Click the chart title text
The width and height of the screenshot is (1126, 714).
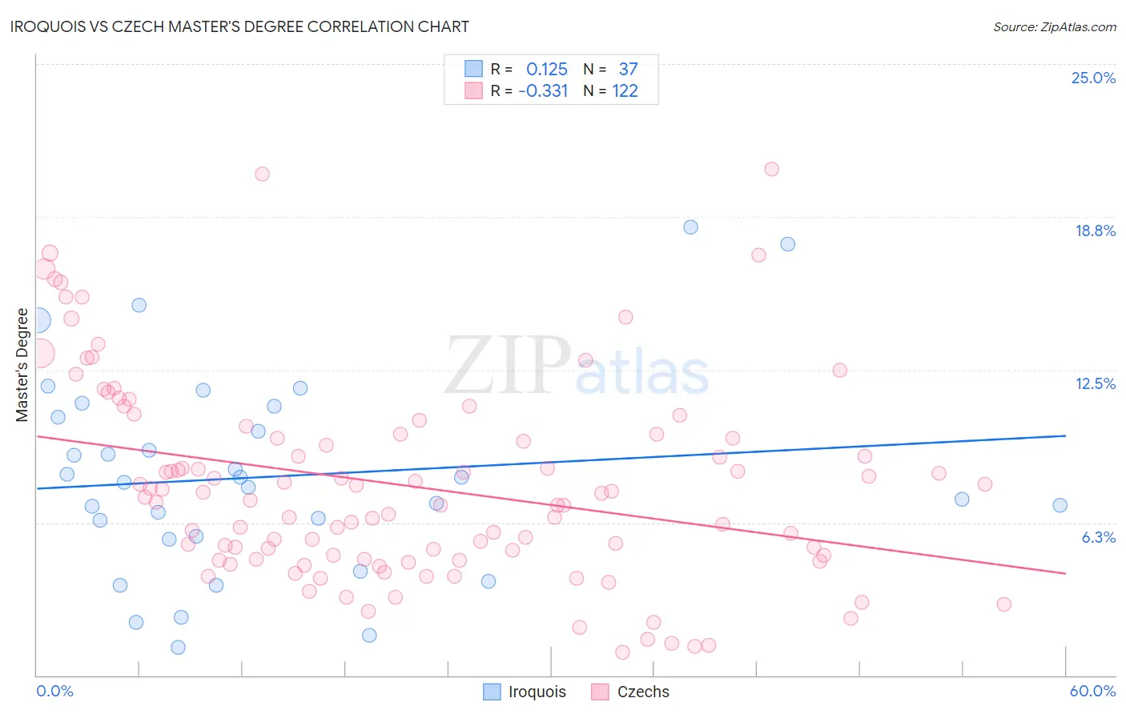(x=239, y=26)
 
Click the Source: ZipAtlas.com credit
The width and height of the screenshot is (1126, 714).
(x=1054, y=26)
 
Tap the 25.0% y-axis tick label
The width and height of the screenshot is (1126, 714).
(x=1093, y=78)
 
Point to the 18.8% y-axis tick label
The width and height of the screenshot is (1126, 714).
(x=1095, y=231)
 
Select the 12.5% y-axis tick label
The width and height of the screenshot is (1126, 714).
(x=1095, y=383)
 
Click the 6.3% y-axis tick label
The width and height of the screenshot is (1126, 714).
(x=1098, y=537)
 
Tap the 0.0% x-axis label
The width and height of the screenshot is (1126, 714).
(x=54, y=691)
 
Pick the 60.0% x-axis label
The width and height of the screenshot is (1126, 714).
(x=1092, y=691)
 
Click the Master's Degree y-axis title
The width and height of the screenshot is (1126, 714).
(x=22, y=365)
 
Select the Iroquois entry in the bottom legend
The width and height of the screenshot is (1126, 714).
(x=537, y=692)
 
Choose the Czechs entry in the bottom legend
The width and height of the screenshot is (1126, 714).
(x=642, y=692)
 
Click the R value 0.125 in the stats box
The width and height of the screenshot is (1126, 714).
(x=546, y=70)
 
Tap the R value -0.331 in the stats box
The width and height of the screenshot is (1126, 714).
(x=543, y=91)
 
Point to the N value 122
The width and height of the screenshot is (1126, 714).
(x=625, y=91)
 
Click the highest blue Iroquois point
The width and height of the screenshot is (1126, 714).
(x=690, y=227)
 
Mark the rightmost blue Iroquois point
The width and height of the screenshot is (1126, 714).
(x=1060, y=505)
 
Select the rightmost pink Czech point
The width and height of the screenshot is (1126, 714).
(x=1003, y=604)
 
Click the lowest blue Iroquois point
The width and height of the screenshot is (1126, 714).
(x=178, y=648)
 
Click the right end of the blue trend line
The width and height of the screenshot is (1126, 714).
(x=1065, y=435)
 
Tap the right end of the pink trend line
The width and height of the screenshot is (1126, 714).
(x=1065, y=573)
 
